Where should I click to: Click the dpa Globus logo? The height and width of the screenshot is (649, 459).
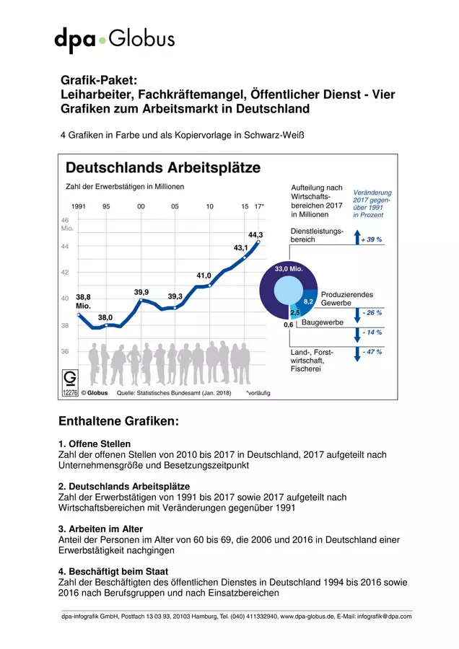pos(114,40)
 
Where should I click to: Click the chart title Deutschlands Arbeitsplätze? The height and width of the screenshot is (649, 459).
pos(163,167)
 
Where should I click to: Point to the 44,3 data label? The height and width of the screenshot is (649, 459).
pos(255,234)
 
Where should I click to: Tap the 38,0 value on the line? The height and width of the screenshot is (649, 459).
pos(105,317)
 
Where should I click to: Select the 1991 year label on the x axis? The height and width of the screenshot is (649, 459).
pos(79,206)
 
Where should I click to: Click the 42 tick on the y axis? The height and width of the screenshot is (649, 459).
pos(65,273)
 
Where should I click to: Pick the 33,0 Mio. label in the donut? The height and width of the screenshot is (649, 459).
pos(289,269)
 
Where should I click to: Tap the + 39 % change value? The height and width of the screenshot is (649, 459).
pos(371,239)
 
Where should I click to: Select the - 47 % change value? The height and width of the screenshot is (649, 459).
pos(372,352)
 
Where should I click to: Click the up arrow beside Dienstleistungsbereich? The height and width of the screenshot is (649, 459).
pos(357,237)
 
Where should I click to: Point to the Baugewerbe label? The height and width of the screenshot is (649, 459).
pos(323,322)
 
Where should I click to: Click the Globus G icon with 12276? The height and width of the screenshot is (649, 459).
pos(70,383)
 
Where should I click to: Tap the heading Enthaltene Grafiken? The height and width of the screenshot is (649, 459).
pos(118,421)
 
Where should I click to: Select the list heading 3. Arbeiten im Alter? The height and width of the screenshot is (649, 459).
pos(100,529)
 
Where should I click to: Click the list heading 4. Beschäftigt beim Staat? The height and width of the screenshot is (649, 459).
pos(113,572)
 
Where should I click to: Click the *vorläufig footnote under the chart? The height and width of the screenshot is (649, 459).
pos(258,393)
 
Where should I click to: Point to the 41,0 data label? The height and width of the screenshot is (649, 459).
pos(204,275)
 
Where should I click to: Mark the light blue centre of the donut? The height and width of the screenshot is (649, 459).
pos(289,289)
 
